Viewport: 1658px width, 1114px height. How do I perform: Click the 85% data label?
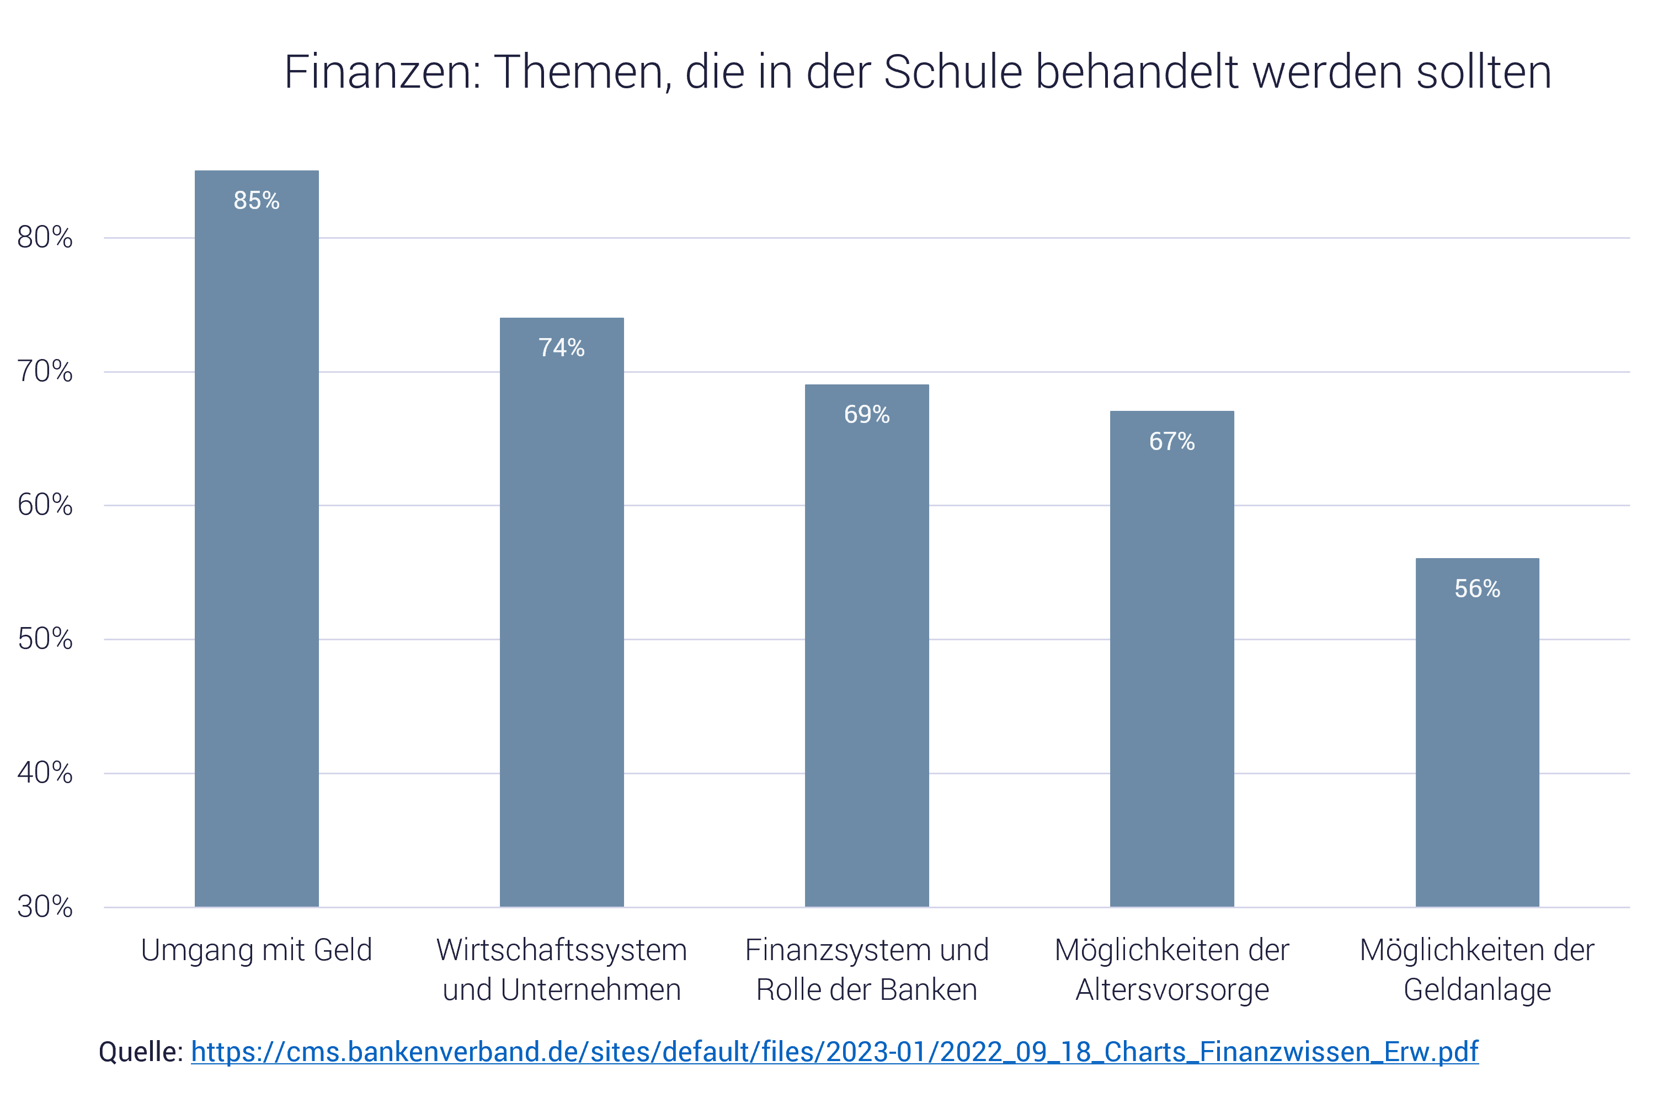[257, 200]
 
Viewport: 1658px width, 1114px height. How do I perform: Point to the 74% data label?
[562, 347]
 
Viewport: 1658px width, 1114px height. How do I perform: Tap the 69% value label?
[866, 414]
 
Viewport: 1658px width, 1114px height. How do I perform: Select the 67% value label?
[1172, 441]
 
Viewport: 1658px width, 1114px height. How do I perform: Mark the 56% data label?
[1477, 588]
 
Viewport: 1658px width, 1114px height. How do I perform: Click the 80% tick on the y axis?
[45, 237]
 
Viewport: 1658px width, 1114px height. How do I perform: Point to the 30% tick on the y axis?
[45, 907]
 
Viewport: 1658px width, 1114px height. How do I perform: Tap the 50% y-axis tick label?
[45, 639]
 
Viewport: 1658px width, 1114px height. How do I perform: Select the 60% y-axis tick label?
[45, 505]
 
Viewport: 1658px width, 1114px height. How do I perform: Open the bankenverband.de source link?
[834, 1052]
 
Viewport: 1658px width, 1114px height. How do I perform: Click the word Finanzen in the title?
[382, 72]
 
